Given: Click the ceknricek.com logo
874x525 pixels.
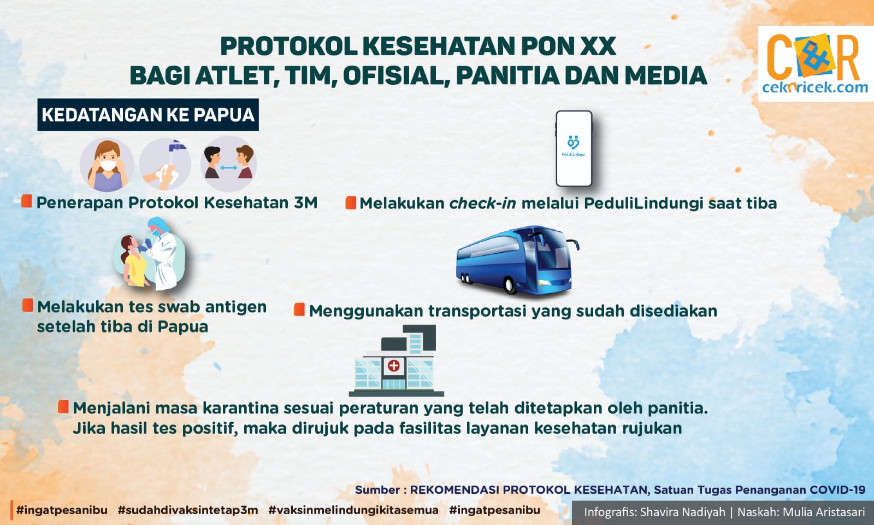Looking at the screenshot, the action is pyautogui.click(x=815, y=63).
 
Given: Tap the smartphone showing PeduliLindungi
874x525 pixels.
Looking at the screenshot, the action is pyautogui.click(x=574, y=148).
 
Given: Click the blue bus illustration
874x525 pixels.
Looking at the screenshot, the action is pyautogui.click(x=517, y=260).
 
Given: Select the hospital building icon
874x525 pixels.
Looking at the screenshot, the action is pyautogui.click(x=396, y=360).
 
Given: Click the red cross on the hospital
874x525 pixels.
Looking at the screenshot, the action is pyautogui.click(x=394, y=366).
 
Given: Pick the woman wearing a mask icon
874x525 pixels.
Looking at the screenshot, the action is pyautogui.click(x=107, y=164).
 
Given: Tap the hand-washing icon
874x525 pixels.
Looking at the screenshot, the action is pyautogui.click(x=165, y=164).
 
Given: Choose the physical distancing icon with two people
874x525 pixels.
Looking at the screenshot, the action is pyautogui.click(x=229, y=164).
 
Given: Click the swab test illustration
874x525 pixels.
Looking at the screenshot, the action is pyautogui.click(x=150, y=254).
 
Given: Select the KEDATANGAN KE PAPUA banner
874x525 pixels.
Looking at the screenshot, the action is pyautogui.click(x=148, y=114).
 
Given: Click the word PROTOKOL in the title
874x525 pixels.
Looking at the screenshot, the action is pyautogui.click(x=289, y=46).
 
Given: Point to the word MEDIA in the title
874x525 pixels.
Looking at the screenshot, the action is pyautogui.click(x=666, y=76).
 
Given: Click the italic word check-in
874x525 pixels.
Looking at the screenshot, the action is pyautogui.click(x=483, y=203).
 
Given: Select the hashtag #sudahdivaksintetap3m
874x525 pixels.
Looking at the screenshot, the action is pyautogui.click(x=188, y=510).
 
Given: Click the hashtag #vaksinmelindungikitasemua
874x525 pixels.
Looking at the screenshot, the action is pyautogui.click(x=353, y=510).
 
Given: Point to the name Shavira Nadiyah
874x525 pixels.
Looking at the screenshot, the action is pyautogui.click(x=683, y=512).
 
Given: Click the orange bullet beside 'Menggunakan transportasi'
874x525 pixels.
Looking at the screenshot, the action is pyautogui.click(x=299, y=309).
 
